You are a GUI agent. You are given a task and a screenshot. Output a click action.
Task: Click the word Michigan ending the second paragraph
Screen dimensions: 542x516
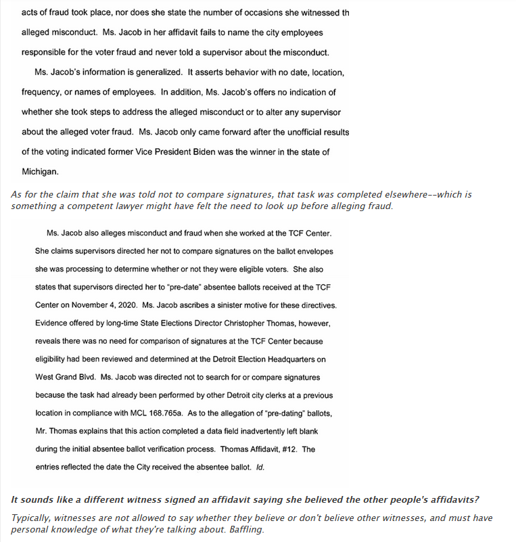pyautogui.click(x=39, y=171)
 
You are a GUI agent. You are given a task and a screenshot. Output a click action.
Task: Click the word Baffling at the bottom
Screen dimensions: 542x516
pyautogui.click(x=242, y=528)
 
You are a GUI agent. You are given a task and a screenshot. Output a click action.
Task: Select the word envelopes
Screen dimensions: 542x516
pyautogui.click(x=312, y=251)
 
